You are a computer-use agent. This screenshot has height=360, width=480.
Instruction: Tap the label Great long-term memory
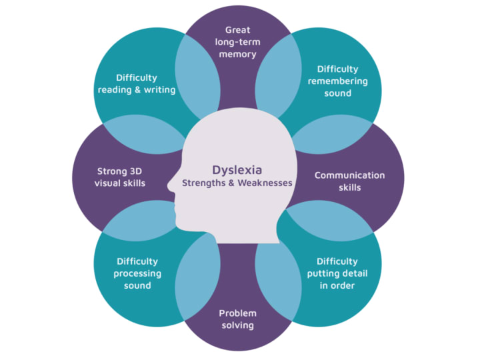(x=238, y=42)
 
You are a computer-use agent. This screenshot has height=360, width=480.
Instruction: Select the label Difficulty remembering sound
(x=337, y=81)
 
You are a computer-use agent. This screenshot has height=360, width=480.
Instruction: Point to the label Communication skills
(x=349, y=181)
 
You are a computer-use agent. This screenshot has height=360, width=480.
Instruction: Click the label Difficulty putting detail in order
(x=337, y=273)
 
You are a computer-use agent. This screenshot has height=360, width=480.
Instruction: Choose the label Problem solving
(x=237, y=319)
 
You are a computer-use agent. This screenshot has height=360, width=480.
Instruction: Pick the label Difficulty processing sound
(x=137, y=273)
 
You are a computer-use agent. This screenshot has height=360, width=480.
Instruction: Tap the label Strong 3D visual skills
(x=120, y=176)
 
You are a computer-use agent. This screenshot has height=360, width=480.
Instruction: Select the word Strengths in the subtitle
(x=205, y=182)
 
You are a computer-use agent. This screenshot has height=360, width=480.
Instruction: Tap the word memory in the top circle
(x=238, y=54)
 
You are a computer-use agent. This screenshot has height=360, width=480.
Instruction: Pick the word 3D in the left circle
(x=137, y=170)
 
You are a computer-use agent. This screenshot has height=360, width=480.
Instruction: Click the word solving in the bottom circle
(x=237, y=325)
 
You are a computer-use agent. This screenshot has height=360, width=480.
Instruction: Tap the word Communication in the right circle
(x=349, y=175)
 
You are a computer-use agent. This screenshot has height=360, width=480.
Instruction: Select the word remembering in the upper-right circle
(x=337, y=81)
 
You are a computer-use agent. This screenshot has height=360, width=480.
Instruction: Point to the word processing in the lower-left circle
(x=137, y=273)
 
